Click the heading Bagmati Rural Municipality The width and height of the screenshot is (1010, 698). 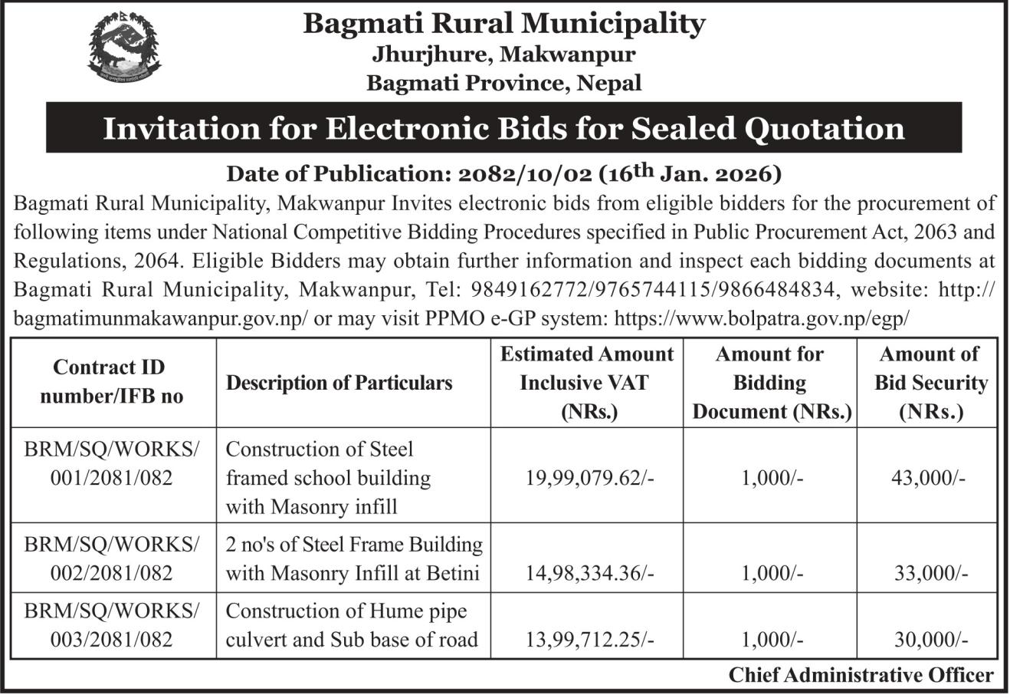(503, 23)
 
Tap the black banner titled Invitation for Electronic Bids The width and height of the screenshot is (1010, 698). (503, 128)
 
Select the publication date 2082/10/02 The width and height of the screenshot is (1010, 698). (520, 174)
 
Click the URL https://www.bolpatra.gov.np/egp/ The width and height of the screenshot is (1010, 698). (762, 318)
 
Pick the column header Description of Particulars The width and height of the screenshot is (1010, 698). (339, 382)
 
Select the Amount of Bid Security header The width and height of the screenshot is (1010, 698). (930, 382)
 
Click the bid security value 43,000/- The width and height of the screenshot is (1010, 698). (928, 477)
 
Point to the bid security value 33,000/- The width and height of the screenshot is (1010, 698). (930, 573)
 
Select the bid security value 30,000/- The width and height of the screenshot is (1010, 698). (930, 639)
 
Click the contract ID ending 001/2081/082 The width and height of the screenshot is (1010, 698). (112, 477)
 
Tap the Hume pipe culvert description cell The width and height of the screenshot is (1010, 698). (353, 625)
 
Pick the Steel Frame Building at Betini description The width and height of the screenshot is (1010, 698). (354, 558)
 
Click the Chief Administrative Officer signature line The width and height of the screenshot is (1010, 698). (861, 675)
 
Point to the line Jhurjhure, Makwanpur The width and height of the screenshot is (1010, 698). (503, 54)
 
